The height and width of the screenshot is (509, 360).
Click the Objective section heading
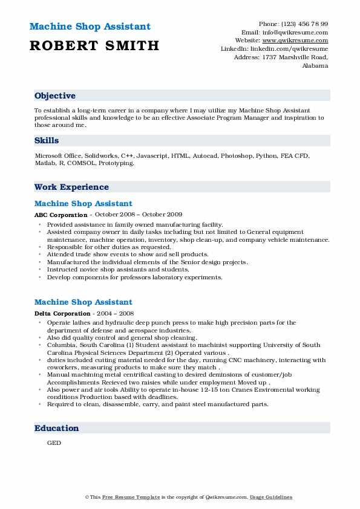[x=55, y=96]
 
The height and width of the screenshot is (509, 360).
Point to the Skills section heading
[x=47, y=140]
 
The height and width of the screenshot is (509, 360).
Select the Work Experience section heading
[x=71, y=187]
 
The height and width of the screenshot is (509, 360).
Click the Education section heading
[x=56, y=428]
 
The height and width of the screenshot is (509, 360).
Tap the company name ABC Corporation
[x=61, y=215]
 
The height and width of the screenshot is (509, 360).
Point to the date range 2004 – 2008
[x=113, y=313]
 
